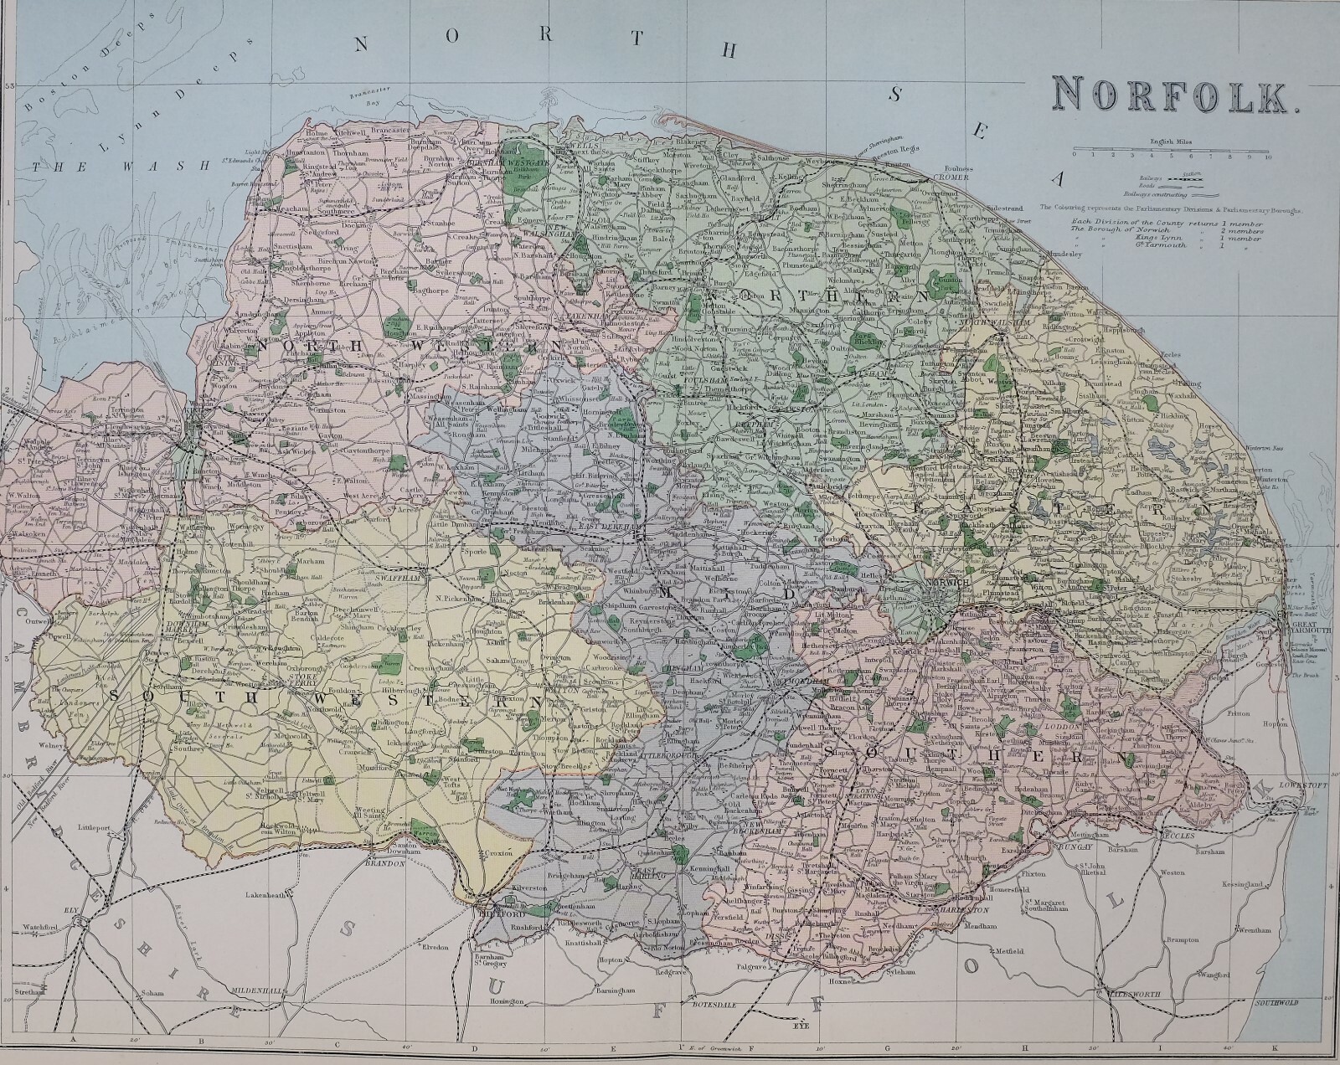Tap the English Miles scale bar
(1172, 152)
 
